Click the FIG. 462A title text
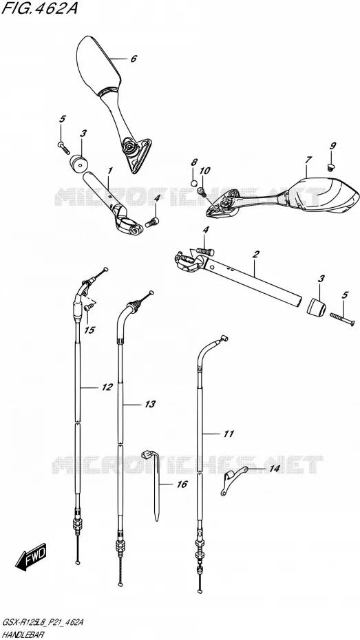(x=39, y=9)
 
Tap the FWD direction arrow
(x=32, y=556)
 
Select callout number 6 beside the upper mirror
(x=134, y=58)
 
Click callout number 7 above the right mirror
(x=308, y=160)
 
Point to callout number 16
(x=182, y=484)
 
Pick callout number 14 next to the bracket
(x=274, y=469)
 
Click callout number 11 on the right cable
(x=229, y=434)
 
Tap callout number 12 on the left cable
(x=107, y=387)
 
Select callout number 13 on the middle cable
(x=150, y=404)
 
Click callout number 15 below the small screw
(x=89, y=330)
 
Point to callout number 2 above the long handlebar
(x=255, y=255)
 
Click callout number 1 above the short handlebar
(x=109, y=171)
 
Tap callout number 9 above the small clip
(x=333, y=146)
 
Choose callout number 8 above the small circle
(x=194, y=162)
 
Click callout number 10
(x=204, y=171)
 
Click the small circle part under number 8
(x=194, y=182)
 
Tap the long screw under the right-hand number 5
(x=341, y=319)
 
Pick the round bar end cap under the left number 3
(x=78, y=164)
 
